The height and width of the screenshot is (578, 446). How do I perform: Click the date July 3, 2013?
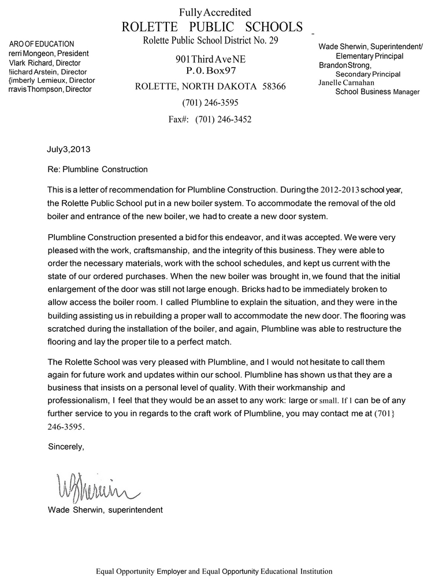pos(69,149)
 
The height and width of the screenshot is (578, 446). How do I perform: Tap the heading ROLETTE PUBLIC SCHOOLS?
pos(213,27)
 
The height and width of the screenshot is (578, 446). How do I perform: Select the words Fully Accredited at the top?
pos(215,12)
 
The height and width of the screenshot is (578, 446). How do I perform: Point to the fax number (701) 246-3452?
pos(223,120)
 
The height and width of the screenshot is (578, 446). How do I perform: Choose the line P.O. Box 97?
pos(214,71)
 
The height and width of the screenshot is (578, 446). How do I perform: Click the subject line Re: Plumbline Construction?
pos(98,169)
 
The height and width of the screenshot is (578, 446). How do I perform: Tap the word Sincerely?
pos(66,446)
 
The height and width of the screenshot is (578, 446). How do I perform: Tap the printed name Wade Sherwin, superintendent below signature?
pos(105,510)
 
